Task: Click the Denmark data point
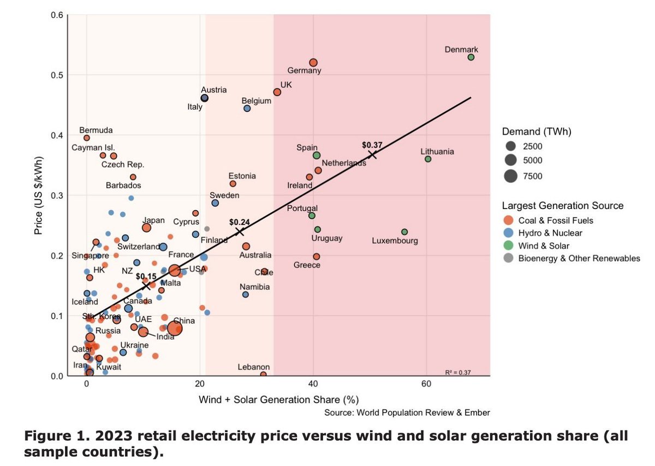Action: pyautogui.click(x=471, y=57)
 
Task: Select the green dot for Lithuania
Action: pyautogui.click(x=428, y=159)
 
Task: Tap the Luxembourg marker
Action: pyautogui.click(x=404, y=232)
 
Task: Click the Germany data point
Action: pyautogui.click(x=313, y=63)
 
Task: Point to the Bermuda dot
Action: pyautogui.click(x=87, y=138)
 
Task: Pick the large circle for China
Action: pyautogui.click(x=175, y=328)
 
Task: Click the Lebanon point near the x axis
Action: pyautogui.click(x=264, y=374)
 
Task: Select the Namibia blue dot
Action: pyautogui.click(x=246, y=295)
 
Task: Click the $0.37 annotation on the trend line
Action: pyautogui.click(x=372, y=145)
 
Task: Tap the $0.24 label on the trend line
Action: pyautogui.click(x=239, y=222)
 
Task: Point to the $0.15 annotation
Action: pyautogui.click(x=146, y=277)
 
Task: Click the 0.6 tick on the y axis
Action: pyautogui.click(x=56, y=15)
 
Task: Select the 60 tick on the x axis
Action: pyautogui.click(x=426, y=384)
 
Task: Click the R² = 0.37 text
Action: pyautogui.click(x=458, y=373)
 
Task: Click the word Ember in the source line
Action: pyautogui.click(x=478, y=413)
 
